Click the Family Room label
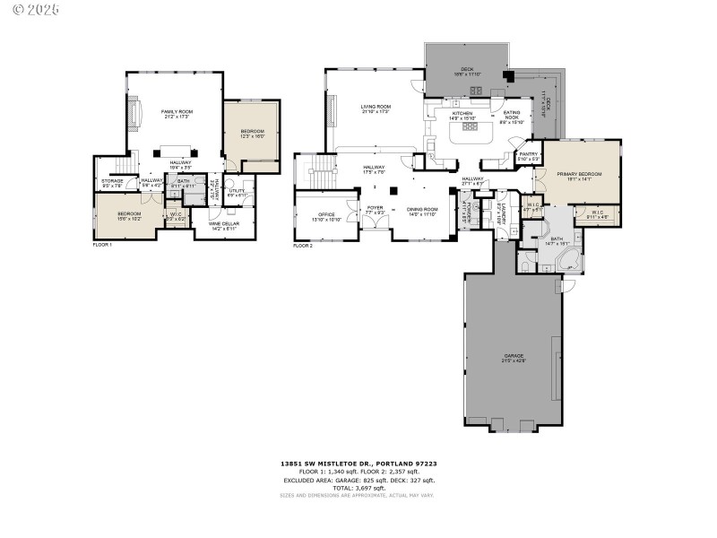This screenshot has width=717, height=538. [x=177, y=113]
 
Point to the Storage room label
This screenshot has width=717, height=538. [x=112, y=183]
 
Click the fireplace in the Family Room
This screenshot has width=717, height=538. [x=136, y=114]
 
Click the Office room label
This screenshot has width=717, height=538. [x=326, y=216]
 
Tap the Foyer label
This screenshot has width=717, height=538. [x=375, y=210]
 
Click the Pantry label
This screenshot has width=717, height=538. [x=528, y=156]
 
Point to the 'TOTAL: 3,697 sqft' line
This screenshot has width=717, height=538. [x=358, y=487]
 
